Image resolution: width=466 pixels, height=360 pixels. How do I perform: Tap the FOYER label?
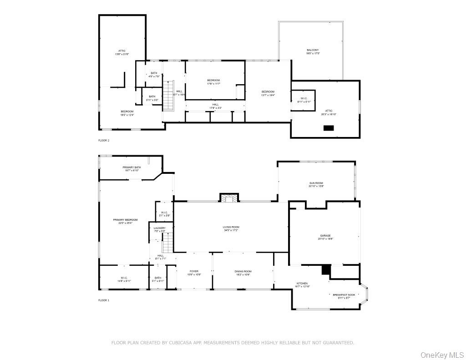194,273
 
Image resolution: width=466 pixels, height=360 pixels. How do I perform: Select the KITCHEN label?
302,284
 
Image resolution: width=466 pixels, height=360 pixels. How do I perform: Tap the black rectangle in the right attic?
329,128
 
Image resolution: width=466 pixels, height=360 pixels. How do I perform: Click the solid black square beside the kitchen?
326,270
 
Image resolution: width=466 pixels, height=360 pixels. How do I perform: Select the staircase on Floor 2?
168,95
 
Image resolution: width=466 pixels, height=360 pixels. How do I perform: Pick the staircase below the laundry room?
168,242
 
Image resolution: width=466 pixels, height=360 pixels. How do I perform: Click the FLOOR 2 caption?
104,141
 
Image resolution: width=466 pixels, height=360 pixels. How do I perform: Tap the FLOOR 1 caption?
104,300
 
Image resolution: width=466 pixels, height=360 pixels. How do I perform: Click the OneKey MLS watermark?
442,355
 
